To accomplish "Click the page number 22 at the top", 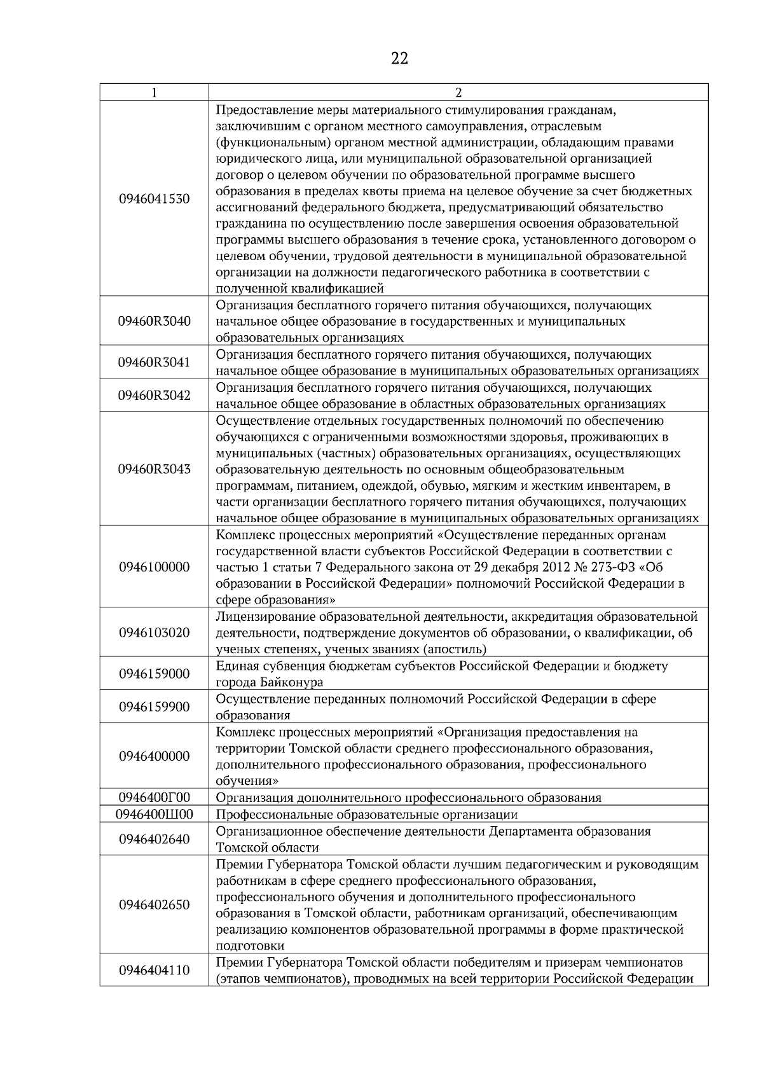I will tap(399, 59).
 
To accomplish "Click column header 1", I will tap(155, 92).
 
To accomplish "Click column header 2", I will tap(458, 92).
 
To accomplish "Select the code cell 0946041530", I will tap(155, 199).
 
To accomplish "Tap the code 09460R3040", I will tap(155, 321).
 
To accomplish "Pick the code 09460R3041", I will tap(155, 363).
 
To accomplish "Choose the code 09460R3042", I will tap(155, 396).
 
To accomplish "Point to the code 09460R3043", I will tap(155, 469).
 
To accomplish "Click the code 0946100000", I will tap(155, 567).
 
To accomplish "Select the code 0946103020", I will tap(155, 633).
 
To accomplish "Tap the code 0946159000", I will tap(155, 674).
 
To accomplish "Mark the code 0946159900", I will tap(155, 707).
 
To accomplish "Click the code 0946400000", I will tap(155, 756).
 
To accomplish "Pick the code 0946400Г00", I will tap(155, 798).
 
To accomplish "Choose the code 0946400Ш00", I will tap(155, 814).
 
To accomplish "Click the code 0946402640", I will tap(155, 840).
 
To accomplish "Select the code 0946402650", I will tap(155, 905).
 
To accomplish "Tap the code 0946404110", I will tap(155, 971).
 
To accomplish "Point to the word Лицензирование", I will tap(266, 617).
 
